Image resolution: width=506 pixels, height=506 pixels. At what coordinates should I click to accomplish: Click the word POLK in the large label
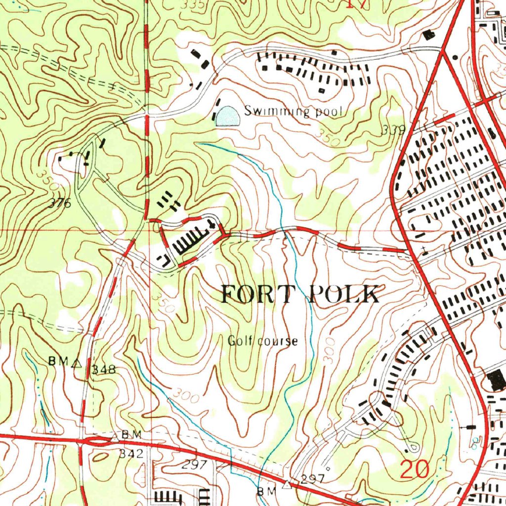click(344, 295)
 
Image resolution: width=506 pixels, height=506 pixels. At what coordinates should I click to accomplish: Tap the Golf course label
click(262, 341)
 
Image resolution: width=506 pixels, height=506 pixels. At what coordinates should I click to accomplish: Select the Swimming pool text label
click(294, 111)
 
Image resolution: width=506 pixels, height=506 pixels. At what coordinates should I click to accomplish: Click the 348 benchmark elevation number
click(103, 369)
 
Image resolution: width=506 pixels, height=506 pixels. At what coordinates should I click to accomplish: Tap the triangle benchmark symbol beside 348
click(76, 363)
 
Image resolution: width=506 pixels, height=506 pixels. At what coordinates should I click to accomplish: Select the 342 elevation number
click(131, 453)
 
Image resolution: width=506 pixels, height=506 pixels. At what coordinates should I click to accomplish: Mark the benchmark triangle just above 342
click(115, 436)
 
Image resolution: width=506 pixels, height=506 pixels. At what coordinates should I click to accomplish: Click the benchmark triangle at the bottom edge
click(286, 485)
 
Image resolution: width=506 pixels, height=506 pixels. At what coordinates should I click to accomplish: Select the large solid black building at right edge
click(496, 379)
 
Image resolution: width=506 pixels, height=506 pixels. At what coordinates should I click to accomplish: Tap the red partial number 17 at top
click(356, 4)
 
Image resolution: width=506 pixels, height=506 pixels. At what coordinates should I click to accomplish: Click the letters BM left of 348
click(57, 362)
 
